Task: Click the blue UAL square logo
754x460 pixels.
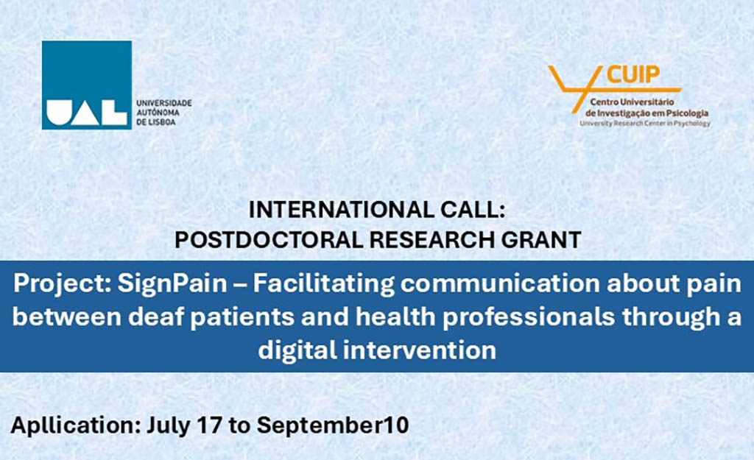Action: coord(87,85)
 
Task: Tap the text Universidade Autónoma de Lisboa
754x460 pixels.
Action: coord(164,113)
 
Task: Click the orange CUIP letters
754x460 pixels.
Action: coord(633,75)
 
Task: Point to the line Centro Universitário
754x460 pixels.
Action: coord(633,102)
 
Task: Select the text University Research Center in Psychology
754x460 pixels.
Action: coord(645,124)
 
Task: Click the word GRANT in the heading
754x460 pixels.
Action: coord(541,240)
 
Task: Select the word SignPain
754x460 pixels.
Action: coord(172,284)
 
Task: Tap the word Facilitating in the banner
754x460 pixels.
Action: coord(324,284)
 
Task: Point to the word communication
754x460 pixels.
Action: coord(500,283)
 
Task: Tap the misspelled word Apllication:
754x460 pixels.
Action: coord(76,426)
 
